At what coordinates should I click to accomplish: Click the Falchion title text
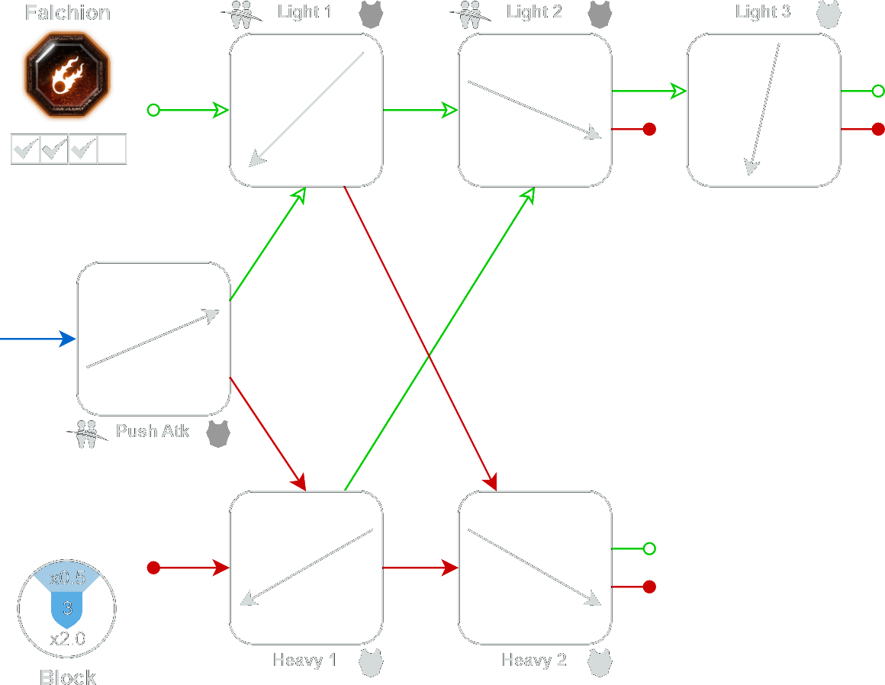click(67, 13)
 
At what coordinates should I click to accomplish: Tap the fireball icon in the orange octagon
click(66, 75)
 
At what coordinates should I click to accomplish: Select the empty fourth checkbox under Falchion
click(112, 149)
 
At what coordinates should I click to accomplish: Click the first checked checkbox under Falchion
click(25, 149)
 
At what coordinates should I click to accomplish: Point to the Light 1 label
click(304, 12)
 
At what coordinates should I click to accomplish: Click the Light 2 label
click(533, 12)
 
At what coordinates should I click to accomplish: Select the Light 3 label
click(762, 12)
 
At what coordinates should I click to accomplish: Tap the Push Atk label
click(152, 431)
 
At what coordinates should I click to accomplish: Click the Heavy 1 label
click(304, 660)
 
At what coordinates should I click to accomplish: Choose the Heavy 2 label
click(533, 660)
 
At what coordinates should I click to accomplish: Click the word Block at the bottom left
click(68, 677)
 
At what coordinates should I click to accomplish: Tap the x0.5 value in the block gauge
click(67, 579)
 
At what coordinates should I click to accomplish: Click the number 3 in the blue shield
click(67, 609)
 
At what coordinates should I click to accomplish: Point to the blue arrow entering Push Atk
click(38, 339)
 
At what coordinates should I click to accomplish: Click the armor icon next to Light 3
click(828, 14)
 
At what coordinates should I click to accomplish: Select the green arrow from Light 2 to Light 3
click(648, 92)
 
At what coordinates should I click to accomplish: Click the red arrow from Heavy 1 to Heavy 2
click(420, 568)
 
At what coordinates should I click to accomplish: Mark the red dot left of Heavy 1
click(153, 568)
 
